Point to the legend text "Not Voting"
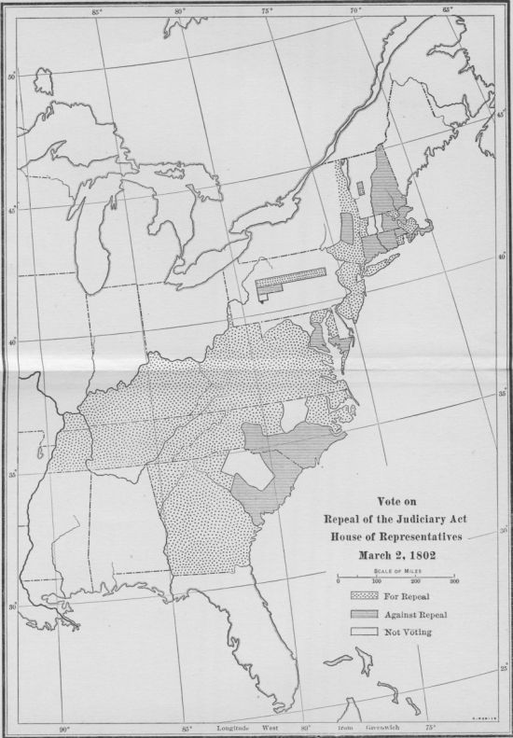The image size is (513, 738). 409,633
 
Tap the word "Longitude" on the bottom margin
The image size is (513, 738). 237,726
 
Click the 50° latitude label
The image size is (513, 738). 12,77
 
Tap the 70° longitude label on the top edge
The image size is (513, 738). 354,9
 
